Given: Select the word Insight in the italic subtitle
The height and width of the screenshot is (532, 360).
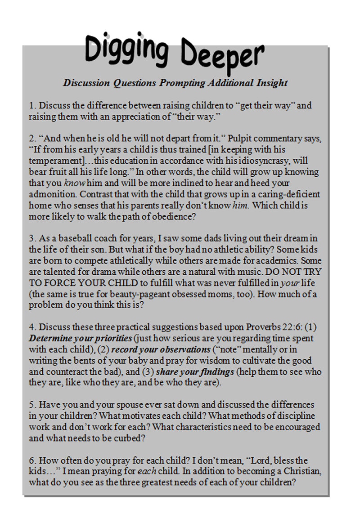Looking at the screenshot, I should click(271, 83).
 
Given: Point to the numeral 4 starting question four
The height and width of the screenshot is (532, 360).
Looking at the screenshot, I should click(31, 327).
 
